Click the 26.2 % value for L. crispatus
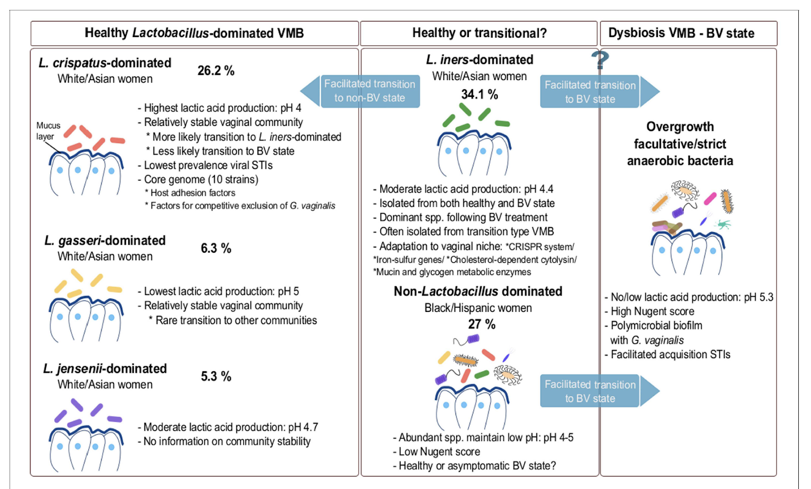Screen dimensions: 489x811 216,71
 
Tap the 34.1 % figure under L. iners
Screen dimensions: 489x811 480,94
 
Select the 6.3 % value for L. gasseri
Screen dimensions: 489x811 216,248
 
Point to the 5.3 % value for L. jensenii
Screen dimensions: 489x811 216,376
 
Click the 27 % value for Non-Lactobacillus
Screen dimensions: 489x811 482,324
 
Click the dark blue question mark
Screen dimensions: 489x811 600,60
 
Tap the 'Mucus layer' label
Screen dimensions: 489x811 48,131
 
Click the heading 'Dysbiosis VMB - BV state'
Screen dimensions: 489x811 681,33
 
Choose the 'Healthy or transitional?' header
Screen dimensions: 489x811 479,33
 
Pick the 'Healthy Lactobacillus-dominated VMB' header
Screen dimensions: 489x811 194,33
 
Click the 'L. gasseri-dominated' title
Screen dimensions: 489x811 105,240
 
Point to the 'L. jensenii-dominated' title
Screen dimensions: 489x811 105,369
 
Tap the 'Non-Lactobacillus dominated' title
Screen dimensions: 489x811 478,292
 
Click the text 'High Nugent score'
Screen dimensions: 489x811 652,311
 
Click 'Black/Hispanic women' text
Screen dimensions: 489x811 478,308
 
